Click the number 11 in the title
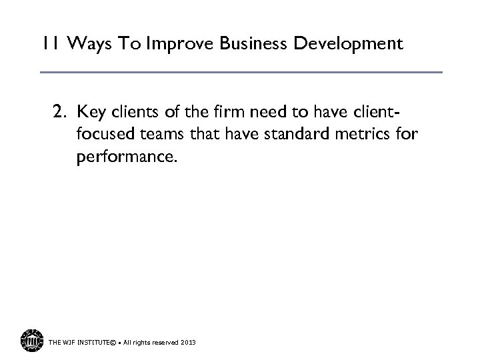49,45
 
